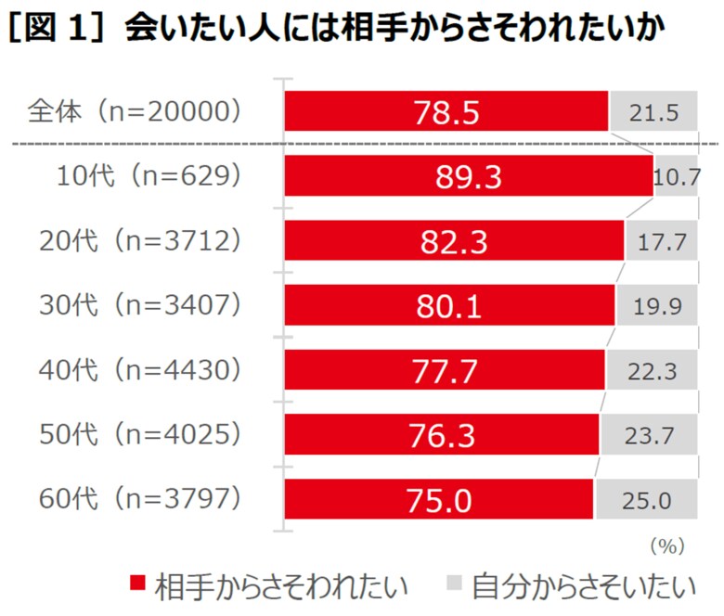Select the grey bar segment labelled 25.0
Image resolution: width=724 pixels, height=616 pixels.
(x=646, y=500)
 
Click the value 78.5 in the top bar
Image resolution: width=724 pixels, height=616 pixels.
(x=447, y=112)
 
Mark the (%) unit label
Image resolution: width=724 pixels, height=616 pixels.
(x=666, y=545)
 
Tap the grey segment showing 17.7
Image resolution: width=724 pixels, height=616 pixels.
(x=662, y=241)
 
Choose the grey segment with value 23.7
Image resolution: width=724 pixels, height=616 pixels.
(x=649, y=435)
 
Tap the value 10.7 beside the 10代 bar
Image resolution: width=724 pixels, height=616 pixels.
(x=676, y=176)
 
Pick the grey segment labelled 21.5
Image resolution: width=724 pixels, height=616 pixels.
(x=653, y=112)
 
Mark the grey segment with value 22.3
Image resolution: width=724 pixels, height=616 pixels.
(x=652, y=371)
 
